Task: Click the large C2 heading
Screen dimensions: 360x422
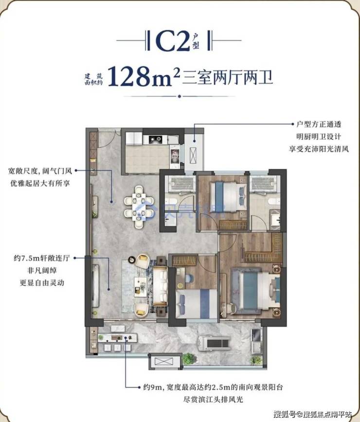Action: click(173, 40)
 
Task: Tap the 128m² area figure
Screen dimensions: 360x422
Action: click(144, 77)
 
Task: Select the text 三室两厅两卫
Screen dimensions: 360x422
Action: click(228, 77)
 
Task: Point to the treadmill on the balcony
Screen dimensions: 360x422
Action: click(214, 344)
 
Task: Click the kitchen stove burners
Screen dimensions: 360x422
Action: click(156, 139)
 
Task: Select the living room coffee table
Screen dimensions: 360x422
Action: click(141, 287)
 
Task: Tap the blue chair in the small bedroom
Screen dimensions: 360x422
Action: click(189, 278)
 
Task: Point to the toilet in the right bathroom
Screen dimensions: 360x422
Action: click(273, 202)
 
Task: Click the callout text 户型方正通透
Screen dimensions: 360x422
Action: click(319, 124)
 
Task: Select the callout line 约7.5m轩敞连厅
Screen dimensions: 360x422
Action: click(42, 258)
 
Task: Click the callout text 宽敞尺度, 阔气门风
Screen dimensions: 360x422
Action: click(40, 171)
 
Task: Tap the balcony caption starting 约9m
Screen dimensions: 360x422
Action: click(213, 387)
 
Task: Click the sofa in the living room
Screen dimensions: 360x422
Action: click(161, 286)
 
